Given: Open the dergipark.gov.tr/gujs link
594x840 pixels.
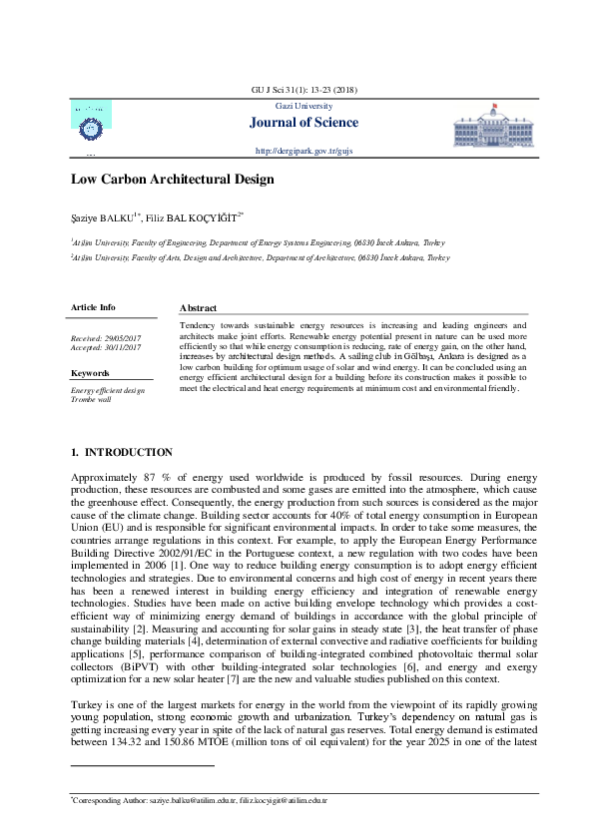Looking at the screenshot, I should click(x=304, y=150).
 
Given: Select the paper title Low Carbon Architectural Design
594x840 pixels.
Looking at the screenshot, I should click(x=172, y=181).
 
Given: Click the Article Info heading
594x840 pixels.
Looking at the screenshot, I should click(x=93, y=307).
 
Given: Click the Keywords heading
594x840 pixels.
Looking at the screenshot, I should click(x=90, y=373).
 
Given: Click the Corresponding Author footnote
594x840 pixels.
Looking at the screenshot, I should click(x=199, y=800).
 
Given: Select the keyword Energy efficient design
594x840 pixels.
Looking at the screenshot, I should click(x=108, y=390).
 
